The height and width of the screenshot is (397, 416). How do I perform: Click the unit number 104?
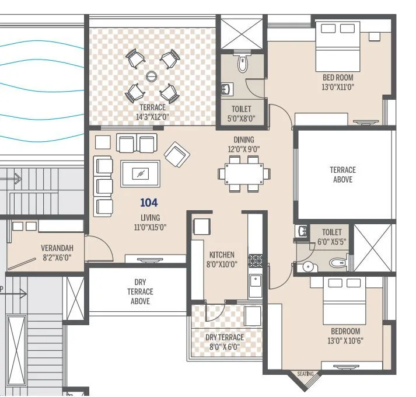(x=149, y=203)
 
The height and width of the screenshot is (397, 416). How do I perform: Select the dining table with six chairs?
(x=244, y=173)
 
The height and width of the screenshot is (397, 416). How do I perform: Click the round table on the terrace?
(x=152, y=75)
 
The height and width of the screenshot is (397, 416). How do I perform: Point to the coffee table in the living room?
(x=140, y=173)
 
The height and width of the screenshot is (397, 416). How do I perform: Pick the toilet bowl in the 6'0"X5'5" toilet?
(x=339, y=263)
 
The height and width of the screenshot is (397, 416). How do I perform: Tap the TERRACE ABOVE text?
(x=342, y=175)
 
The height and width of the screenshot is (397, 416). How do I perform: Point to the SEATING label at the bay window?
(x=305, y=374)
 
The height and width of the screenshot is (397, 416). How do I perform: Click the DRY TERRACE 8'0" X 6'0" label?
(x=225, y=342)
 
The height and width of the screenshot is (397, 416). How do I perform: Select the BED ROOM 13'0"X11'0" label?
(x=338, y=82)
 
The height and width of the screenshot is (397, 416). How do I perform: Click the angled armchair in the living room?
(x=177, y=155)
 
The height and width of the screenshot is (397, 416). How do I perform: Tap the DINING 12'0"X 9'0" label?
(x=244, y=144)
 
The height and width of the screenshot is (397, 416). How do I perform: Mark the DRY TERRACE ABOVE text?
(x=140, y=291)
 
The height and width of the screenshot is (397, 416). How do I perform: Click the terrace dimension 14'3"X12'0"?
(x=152, y=117)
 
